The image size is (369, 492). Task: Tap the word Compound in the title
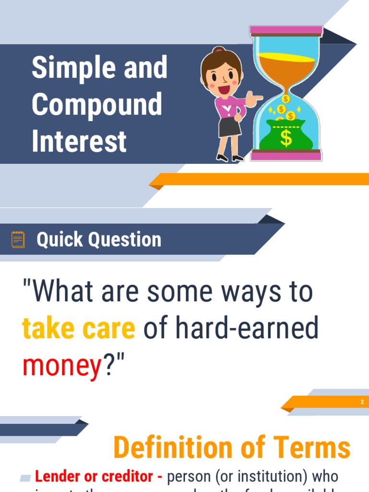click(97, 104)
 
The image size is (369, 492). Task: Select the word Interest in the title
click(79, 141)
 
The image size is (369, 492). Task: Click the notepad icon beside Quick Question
click(18, 239)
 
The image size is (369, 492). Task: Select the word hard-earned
click(246, 328)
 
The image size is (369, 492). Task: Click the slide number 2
click(362, 402)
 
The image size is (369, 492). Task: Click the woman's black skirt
click(229, 127)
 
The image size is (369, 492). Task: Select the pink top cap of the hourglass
click(286, 31)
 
